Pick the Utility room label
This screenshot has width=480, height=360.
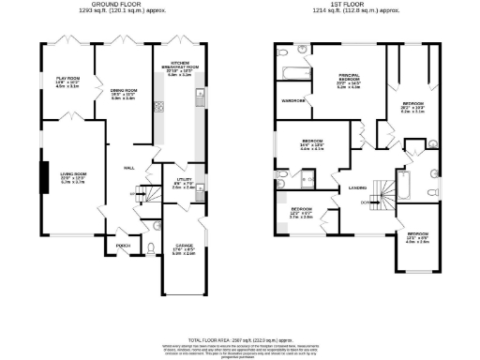[184, 183]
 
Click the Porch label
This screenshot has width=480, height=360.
[122, 248]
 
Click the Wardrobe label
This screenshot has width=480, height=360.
[292, 100]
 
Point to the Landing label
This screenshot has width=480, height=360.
[357, 187]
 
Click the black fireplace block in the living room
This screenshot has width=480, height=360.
[42, 175]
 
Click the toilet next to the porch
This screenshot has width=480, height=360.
[151, 249]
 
